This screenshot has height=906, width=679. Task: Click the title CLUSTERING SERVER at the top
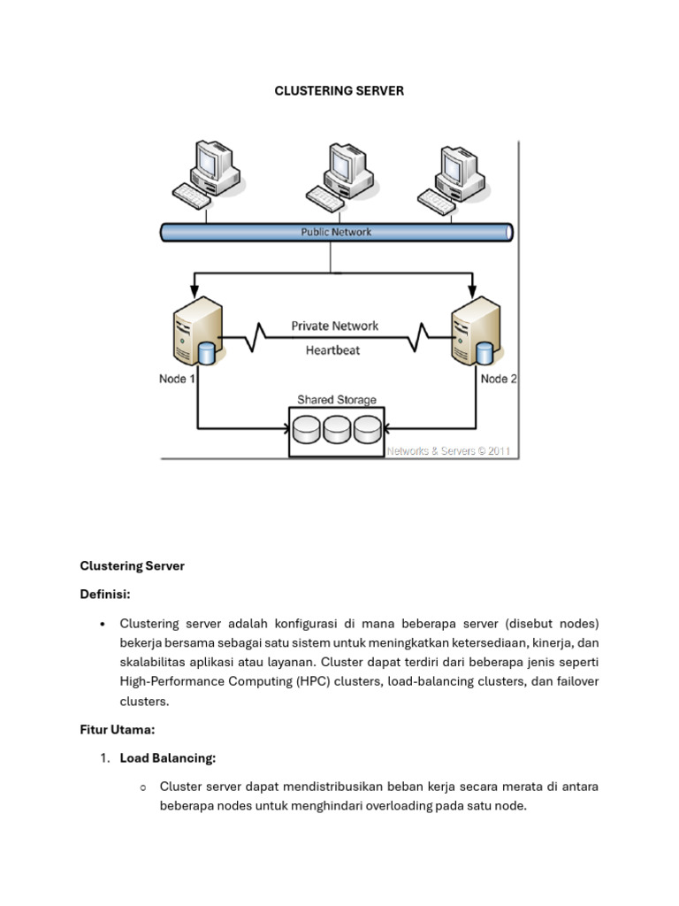[x=339, y=91]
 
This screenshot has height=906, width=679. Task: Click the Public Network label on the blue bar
[x=335, y=233]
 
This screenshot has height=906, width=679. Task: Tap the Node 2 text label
[x=499, y=379]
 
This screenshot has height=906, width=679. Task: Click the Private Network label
[x=334, y=326]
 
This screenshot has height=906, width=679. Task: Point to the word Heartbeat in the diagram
[x=332, y=349]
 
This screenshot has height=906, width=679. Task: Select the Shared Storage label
[x=336, y=400]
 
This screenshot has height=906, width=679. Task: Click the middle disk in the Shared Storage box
[x=337, y=430]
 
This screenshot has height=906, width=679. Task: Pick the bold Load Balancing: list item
[x=168, y=758]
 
